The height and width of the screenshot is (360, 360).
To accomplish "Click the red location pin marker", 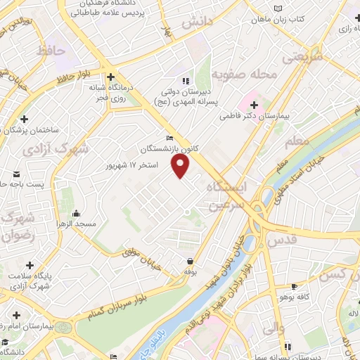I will pos(181,167).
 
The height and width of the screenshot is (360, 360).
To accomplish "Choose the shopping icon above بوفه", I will pos(190,262).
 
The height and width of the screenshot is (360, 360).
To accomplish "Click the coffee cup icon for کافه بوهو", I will pos(294,287).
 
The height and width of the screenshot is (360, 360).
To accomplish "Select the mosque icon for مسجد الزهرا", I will pos(76,213).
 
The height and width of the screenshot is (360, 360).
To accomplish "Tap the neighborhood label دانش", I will pos(197,23).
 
